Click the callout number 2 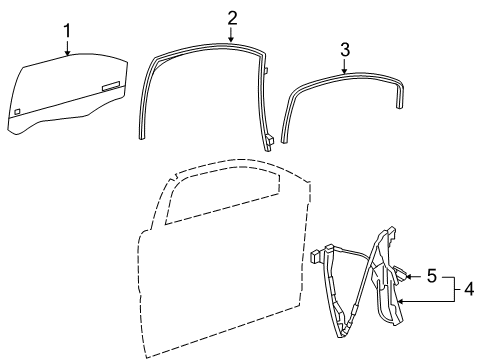[x=231, y=17]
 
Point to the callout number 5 [x=432, y=274]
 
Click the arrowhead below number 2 [x=231, y=40]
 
